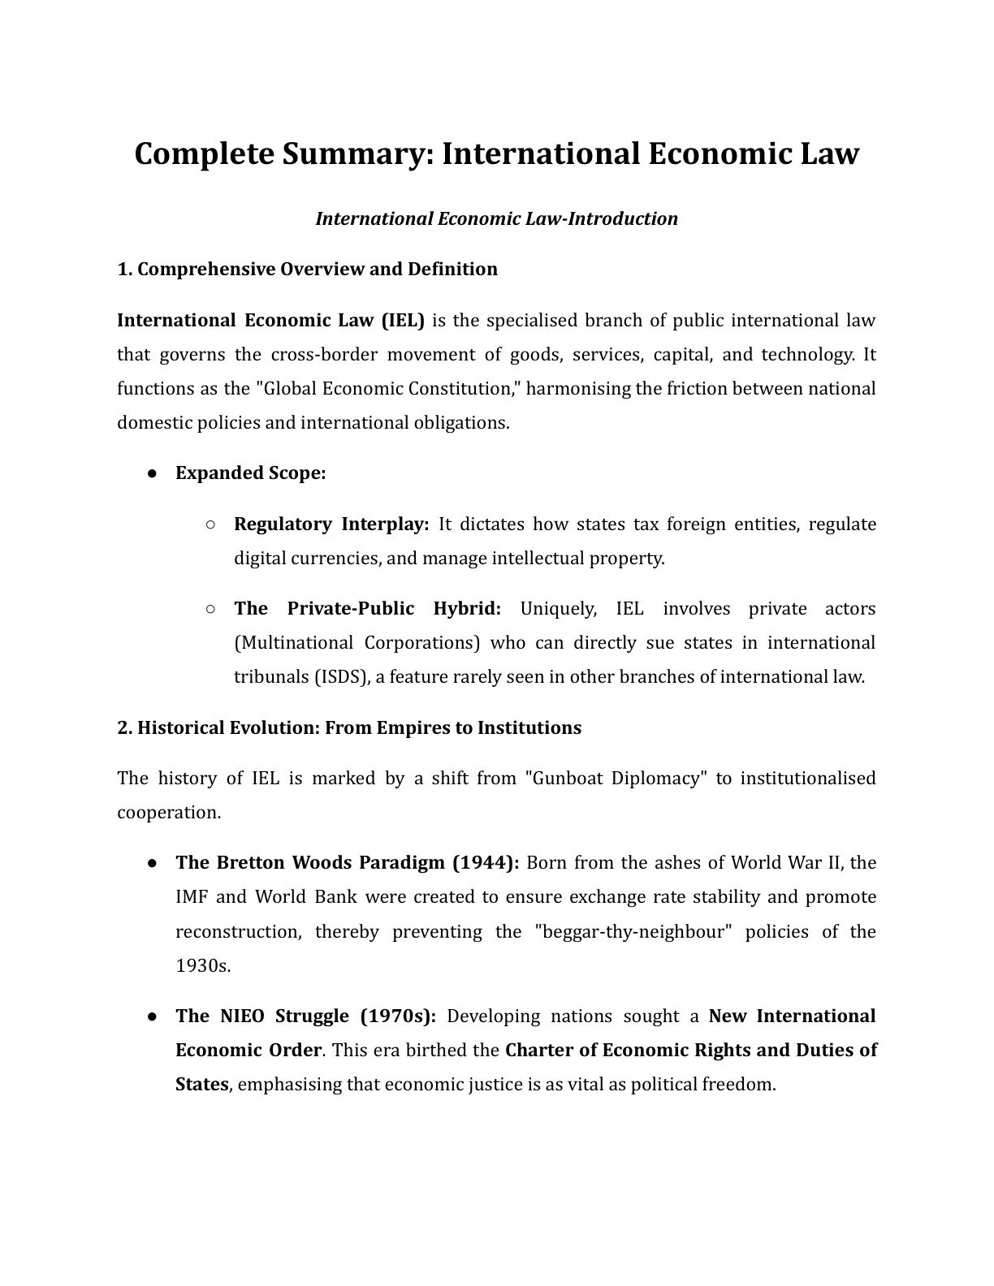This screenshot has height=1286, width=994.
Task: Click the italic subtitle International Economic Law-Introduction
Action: [x=496, y=218]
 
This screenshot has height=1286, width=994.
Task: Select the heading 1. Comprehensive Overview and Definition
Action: [x=307, y=269]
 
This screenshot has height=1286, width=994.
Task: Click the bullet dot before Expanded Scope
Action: [x=152, y=473]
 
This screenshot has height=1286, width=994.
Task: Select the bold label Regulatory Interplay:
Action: [x=331, y=524]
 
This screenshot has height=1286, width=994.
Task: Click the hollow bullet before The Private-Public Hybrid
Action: [x=210, y=608]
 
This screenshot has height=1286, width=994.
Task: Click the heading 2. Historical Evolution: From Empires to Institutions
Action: [x=349, y=727]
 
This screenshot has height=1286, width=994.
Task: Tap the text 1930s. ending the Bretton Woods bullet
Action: [x=203, y=965]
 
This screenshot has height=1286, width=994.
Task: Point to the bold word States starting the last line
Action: [x=201, y=1084]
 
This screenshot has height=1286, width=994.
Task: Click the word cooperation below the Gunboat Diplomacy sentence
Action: [x=168, y=812]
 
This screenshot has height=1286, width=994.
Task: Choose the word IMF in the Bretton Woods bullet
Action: [x=191, y=897]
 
